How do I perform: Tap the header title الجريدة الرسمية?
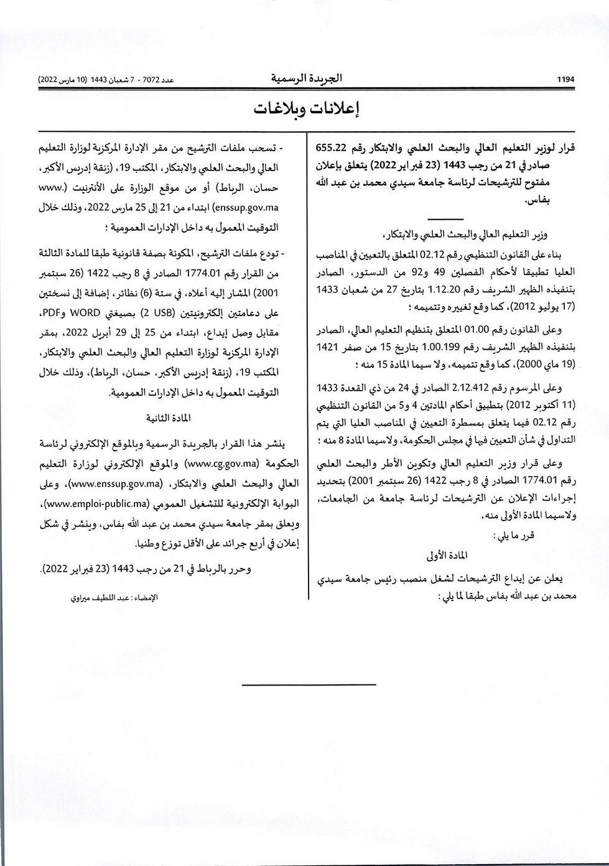[306, 79]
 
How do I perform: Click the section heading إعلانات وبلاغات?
[305, 108]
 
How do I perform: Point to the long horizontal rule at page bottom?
[309, 685]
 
